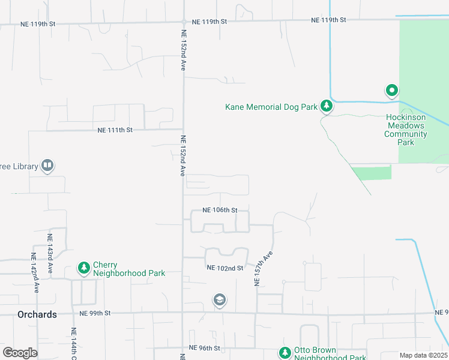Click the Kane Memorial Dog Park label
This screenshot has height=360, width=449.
pyautogui.click(x=271, y=107)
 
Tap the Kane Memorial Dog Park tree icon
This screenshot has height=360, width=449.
pyautogui.click(x=326, y=106)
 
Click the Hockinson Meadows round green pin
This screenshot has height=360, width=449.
pyautogui.click(x=391, y=91)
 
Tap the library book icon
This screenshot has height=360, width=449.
pyautogui.click(x=47, y=166)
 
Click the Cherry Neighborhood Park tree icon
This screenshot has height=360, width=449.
pyautogui.click(x=84, y=268)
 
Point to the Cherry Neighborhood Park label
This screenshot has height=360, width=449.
pyautogui.click(x=129, y=269)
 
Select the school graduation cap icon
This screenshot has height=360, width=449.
pyautogui.click(x=220, y=299)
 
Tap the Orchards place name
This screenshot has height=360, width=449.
pyautogui.click(x=37, y=314)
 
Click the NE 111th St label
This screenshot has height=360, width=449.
pyautogui.click(x=115, y=130)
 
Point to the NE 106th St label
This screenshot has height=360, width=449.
pyautogui.click(x=220, y=211)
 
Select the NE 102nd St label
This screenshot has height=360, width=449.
pyautogui.click(x=224, y=268)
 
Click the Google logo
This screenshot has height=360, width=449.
pyautogui.click(x=20, y=353)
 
